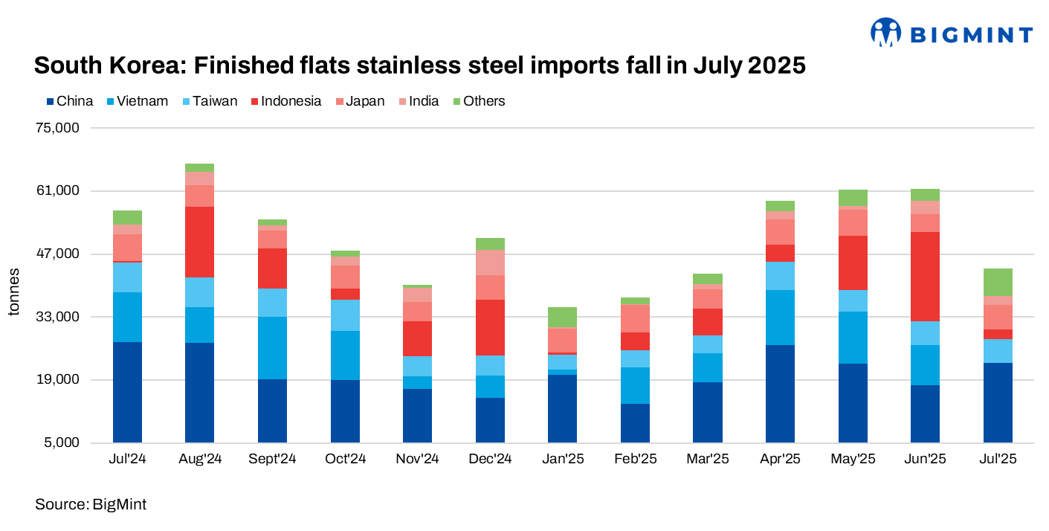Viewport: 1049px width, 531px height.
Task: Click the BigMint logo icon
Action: [885, 33]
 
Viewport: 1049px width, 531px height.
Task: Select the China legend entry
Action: [70, 101]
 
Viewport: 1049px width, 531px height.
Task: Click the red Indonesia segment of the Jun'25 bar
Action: [925, 276]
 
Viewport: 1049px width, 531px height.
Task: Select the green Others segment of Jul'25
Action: [998, 282]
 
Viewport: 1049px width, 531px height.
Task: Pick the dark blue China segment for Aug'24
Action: [200, 393]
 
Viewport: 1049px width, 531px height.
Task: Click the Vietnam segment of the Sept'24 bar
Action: [273, 348]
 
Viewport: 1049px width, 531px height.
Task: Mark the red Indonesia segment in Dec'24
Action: [490, 327]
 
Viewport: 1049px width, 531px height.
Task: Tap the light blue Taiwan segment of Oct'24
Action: [345, 315]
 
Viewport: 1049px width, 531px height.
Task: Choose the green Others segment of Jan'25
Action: [563, 317]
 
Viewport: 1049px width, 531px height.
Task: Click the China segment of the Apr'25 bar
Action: [780, 393]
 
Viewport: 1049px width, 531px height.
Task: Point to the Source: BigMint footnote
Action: [91, 505]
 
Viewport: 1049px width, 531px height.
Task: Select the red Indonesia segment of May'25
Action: [853, 263]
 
